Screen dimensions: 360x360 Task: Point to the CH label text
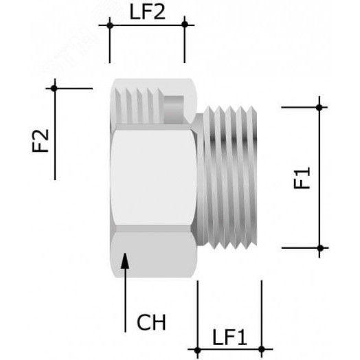pos(151,322)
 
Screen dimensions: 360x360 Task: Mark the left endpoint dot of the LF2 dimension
pos(109,25)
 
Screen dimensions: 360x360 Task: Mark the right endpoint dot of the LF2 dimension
pos(184,25)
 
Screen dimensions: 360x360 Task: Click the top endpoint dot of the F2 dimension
pos(54,88)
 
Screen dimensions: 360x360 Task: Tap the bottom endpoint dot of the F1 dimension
pos(319,247)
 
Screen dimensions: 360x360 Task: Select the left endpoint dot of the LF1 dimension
pos(198,350)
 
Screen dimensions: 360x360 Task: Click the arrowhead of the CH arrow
pos(124,260)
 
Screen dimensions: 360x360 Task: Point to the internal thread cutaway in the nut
pos(141,103)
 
